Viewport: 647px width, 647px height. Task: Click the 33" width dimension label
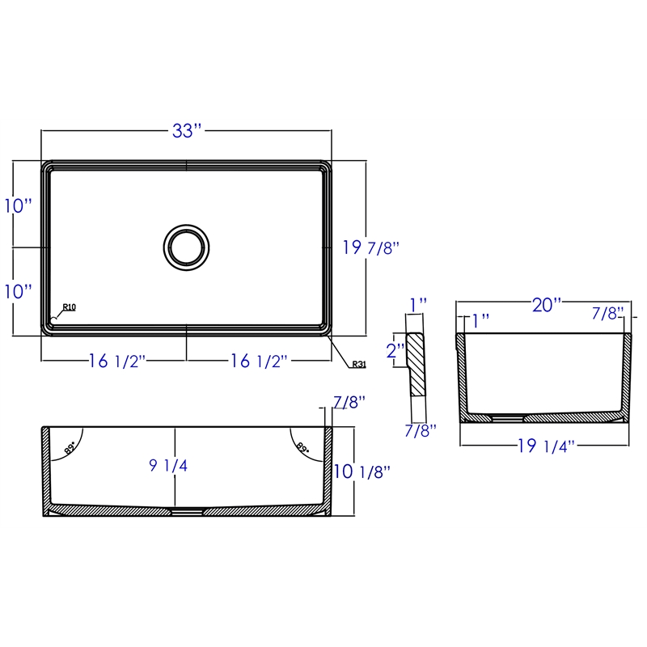[187, 131]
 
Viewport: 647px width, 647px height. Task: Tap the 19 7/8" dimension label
[371, 247]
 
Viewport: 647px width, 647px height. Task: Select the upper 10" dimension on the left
[18, 206]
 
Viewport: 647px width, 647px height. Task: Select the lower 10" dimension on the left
[18, 291]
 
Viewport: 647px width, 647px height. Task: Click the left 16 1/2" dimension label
[117, 361]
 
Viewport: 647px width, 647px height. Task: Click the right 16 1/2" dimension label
[258, 361]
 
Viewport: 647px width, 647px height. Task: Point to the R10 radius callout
[69, 307]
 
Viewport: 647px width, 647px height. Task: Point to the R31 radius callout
[359, 365]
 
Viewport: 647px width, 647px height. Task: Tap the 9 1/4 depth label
[168, 466]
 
